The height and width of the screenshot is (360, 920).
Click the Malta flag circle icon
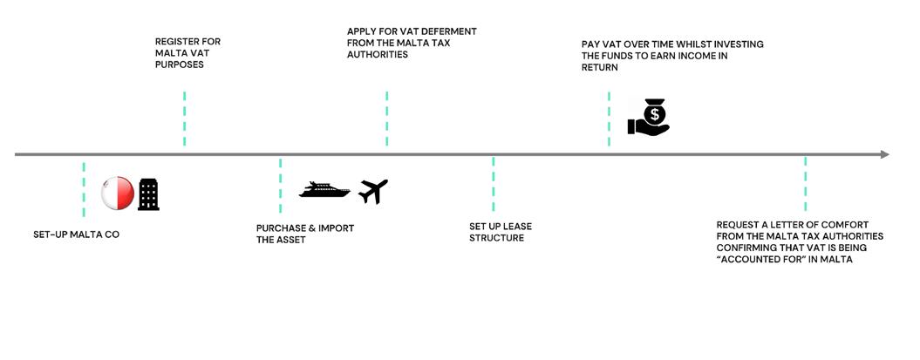click(x=118, y=194)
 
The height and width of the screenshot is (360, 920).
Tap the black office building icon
click(x=149, y=194)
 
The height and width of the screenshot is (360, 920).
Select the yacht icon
click(x=324, y=190)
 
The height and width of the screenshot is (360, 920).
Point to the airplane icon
click(x=373, y=191)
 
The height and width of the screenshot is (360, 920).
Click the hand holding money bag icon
click(x=649, y=119)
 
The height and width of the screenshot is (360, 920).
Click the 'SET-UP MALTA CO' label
click(x=76, y=234)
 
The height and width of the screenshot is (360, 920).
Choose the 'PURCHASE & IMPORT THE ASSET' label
click(x=305, y=234)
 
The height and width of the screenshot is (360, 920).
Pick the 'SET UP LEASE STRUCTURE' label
click(x=501, y=232)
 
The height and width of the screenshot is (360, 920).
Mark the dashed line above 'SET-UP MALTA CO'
click(x=84, y=189)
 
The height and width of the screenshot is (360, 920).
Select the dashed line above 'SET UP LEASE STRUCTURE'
click(x=494, y=184)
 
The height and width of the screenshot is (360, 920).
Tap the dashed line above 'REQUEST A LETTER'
click(x=805, y=184)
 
